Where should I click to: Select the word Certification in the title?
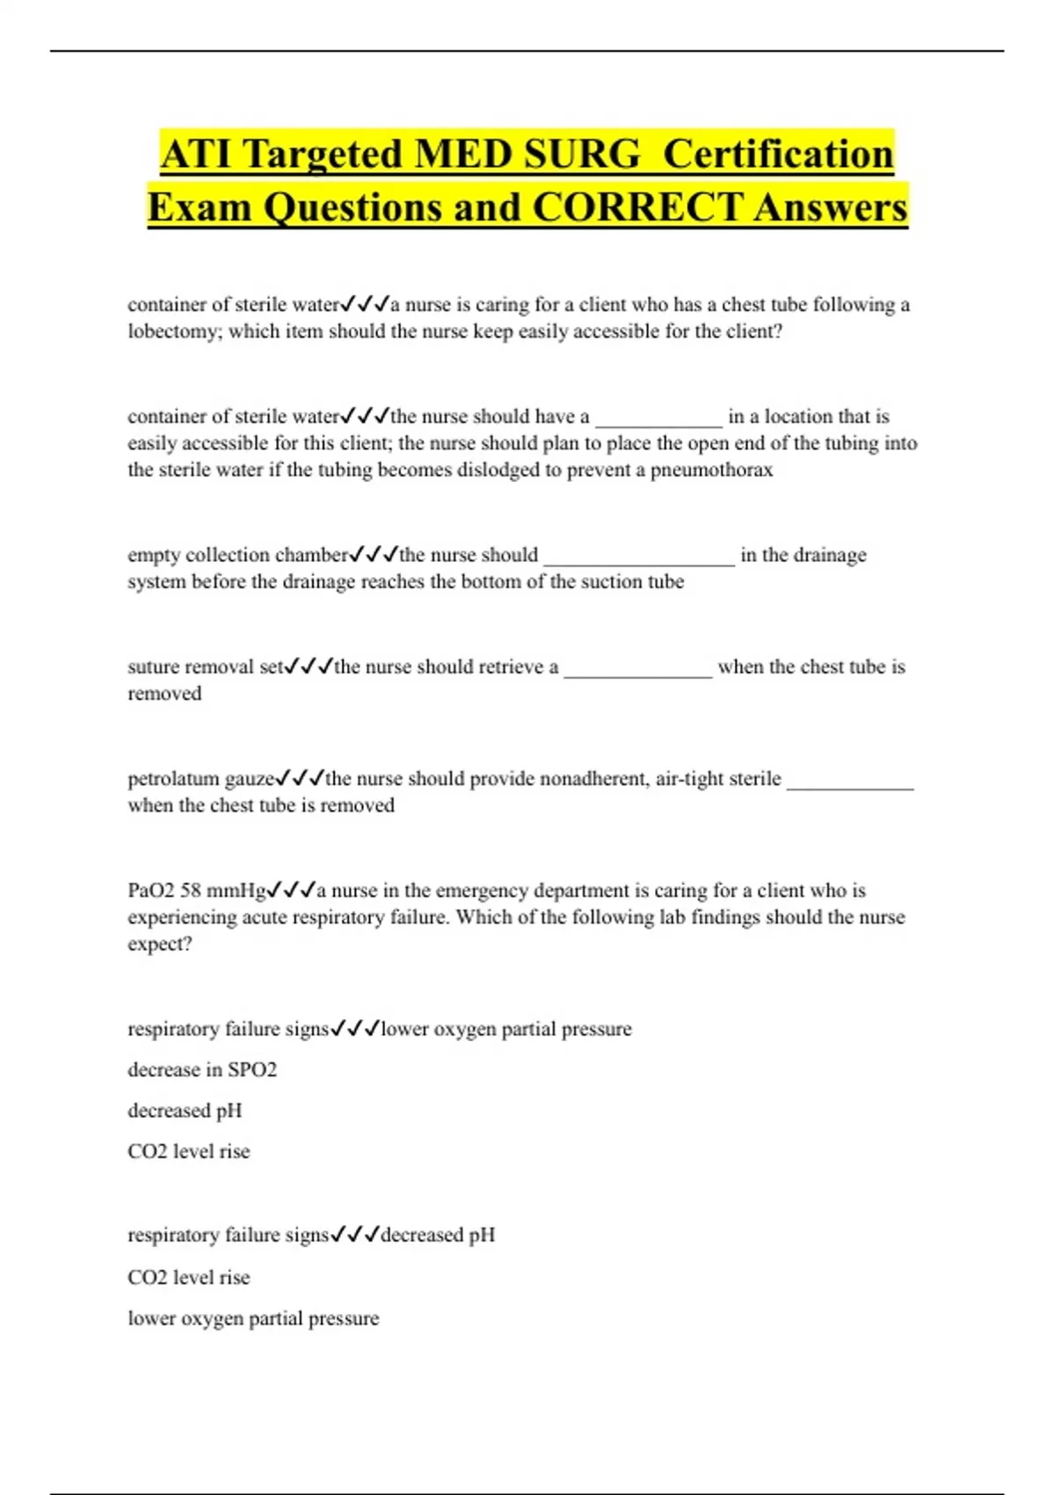point(778,155)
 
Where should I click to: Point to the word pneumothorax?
point(711,470)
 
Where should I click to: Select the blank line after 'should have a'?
point(658,419)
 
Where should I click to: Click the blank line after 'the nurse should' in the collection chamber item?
point(639,558)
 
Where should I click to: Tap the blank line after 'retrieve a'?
point(637,669)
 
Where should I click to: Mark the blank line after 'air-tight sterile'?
point(850,781)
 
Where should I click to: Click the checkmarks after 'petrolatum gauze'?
point(301,778)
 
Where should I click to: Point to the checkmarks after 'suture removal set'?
point(309,667)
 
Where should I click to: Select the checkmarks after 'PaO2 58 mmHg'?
point(292,890)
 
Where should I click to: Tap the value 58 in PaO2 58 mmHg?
point(191,891)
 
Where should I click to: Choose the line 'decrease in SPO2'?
point(202,1070)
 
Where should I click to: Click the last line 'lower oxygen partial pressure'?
point(253,1318)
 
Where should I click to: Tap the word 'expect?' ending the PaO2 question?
point(159,944)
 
